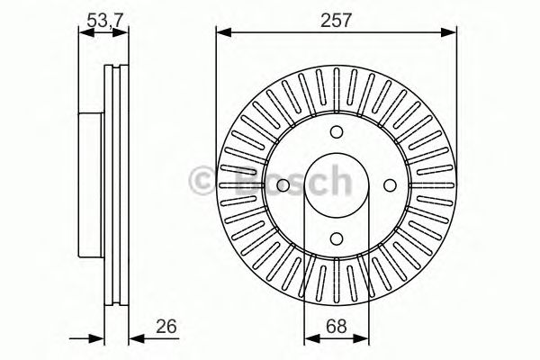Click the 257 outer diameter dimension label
336,17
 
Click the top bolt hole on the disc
336,130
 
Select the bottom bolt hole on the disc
336,238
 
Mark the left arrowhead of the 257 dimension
221,33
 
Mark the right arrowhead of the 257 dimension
450,33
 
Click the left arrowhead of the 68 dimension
310,337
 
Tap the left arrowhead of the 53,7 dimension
83,33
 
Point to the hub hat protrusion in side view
90,184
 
